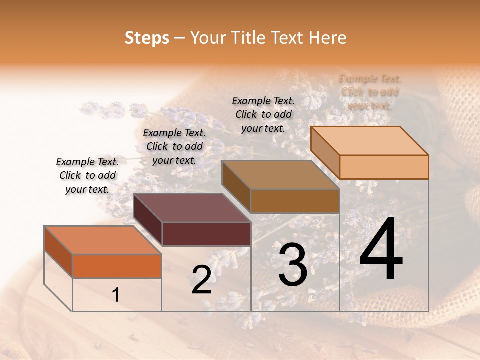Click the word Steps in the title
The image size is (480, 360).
147,38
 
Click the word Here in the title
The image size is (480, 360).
328,38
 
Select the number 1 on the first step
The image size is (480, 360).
116,295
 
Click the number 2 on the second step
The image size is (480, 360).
201,280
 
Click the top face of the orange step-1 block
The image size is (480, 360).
103,240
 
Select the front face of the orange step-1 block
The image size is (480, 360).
117,266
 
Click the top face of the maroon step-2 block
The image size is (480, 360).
192,207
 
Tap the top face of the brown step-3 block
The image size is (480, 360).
281,175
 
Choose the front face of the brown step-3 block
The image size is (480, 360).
295,201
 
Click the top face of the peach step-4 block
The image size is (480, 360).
370,140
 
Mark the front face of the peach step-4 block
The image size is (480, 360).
384,167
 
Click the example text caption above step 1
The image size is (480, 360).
87,175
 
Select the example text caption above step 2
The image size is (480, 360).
174,146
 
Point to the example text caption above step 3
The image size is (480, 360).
263,114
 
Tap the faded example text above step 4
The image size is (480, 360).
370,92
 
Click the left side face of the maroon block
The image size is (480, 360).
148,220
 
